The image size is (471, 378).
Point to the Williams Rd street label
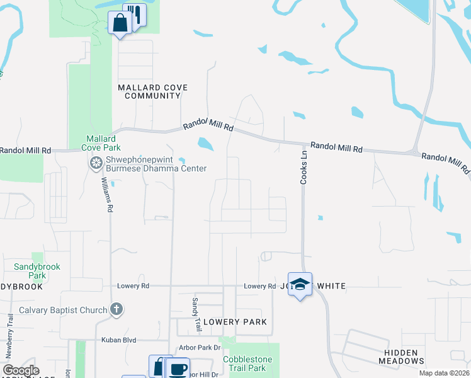[106, 194]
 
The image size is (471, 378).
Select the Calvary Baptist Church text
[62, 309]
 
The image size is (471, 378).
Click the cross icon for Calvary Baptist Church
[116, 309]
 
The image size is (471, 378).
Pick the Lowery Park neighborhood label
[234, 322]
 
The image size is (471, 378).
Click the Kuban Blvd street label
[119, 340]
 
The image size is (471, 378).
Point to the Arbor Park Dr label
[198, 347]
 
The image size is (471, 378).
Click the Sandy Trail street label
[197, 307]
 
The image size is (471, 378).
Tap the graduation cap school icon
[300, 283]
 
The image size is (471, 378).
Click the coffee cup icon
[178, 368]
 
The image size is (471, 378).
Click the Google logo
[21, 370]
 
